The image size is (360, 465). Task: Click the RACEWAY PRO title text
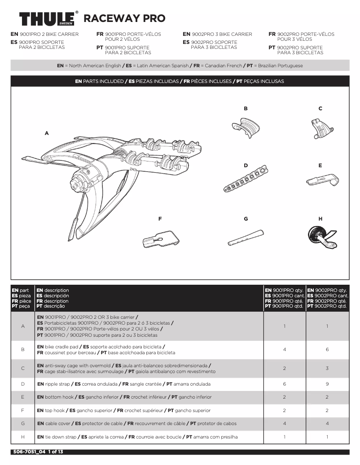point(124,18)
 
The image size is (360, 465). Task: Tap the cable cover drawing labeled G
point(245,236)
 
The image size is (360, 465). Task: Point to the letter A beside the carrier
point(46,133)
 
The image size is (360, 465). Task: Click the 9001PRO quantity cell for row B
point(285,349)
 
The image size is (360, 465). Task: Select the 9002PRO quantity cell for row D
point(327,384)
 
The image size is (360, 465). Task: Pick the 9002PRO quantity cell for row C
point(327,368)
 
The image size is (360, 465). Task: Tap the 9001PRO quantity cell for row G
point(285,423)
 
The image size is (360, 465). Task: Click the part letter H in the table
point(22,437)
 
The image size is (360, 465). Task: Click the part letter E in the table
point(22,397)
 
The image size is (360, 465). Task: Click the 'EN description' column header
point(53,291)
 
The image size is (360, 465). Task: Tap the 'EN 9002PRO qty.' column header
point(328,291)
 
